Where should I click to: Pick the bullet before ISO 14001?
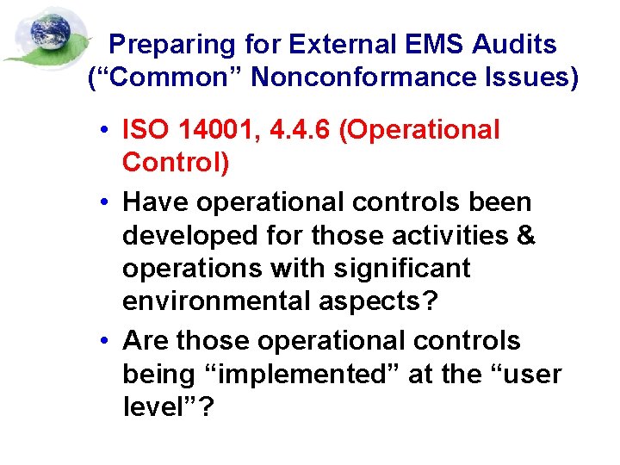tap(102, 131)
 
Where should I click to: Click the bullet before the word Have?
tap(102, 203)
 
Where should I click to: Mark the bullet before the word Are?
tap(102, 342)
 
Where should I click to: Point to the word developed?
tap(181, 235)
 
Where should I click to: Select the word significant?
tap(411, 269)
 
